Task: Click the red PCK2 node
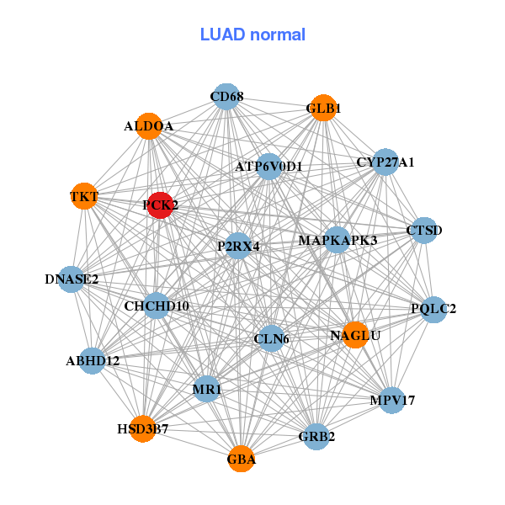pos(160,205)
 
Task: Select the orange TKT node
pos(83,197)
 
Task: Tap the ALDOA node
pos(148,126)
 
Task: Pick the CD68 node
pos(226,97)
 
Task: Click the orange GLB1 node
pos(324,108)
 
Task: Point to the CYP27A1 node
pos(385,162)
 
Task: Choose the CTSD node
pos(423,230)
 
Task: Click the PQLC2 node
pos(433,309)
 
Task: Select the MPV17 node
pos(392,401)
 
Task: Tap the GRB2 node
pos(316,437)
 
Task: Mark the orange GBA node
pos(241,459)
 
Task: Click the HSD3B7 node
pos(143,429)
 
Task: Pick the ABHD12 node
pos(93,361)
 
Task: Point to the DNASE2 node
pos(72,279)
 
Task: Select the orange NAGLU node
pos(355,335)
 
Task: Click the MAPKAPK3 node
pos(338,241)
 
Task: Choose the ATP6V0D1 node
pos(268,167)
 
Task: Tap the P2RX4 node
pos(238,247)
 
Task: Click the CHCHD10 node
pos(157,306)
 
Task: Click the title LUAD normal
pos(252,35)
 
